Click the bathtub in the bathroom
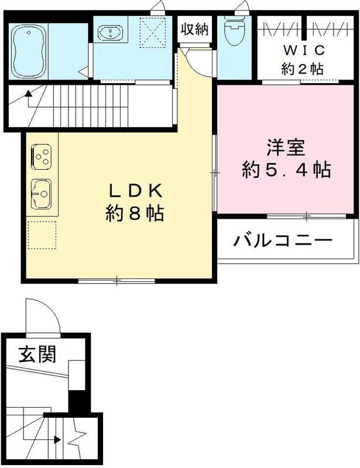point(27,45)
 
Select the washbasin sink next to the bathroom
point(109,33)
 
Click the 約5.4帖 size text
point(286,170)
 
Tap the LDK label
point(134,191)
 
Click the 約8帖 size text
point(134,213)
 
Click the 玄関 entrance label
point(36,355)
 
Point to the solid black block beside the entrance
point(77,403)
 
